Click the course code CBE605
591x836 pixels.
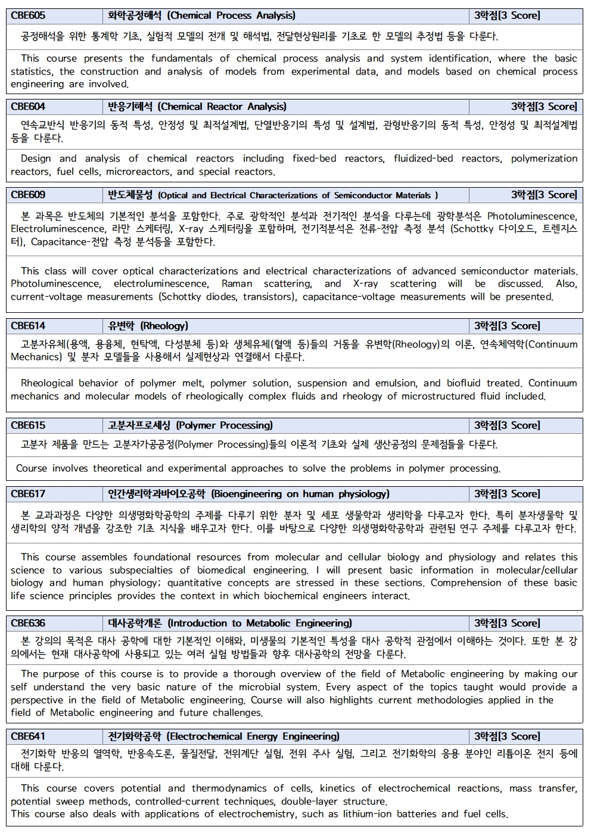[28, 15]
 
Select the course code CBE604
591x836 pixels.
[28, 107]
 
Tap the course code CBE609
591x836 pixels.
[28, 195]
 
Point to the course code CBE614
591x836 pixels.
[28, 326]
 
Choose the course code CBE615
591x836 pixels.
[28, 425]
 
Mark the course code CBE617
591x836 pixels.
[28, 494]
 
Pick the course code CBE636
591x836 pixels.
[28, 623]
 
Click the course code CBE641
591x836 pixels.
[28, 736]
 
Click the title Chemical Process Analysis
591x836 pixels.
[231, 15]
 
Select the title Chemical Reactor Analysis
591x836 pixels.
[222, 107]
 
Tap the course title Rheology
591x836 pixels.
[164, 326]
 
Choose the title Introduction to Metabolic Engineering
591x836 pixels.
[260, 623]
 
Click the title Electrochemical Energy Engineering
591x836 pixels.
[253, 736]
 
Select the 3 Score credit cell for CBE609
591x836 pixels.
[544, 195]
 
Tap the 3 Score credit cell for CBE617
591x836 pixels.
[507, 494]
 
